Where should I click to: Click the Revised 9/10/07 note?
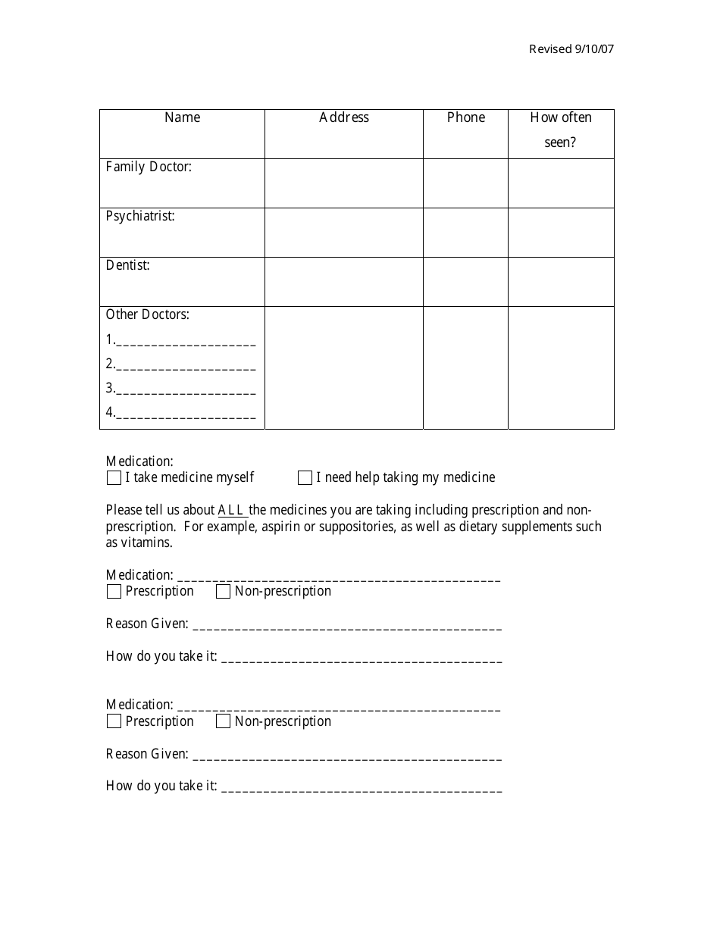click(x=571, y=49)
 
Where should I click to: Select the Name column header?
click(x=182, y=117)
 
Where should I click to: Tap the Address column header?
click(x=344, y=117)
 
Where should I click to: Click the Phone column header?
click(x=465, y=117)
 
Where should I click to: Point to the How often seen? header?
click(x=561, y=130)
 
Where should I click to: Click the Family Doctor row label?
click(x=149, y=167)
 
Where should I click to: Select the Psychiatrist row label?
click(x=140, y=216)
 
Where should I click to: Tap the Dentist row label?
click(x=127, y=265)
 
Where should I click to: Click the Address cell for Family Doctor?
click(x=344, y=183)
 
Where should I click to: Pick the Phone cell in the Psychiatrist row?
click(x=465, y=233)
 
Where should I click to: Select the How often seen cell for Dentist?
click(x=561, y=282)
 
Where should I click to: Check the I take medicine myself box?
click(x=114, y=478)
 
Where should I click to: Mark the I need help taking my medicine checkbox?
click(x=305, y=478)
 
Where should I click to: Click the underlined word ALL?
click(x=232, y=510)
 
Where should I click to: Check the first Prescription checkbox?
click(x=114, y=592)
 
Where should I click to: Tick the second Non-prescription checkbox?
click(x=223, y=722)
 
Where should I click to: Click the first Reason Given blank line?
click(x=347, y=626)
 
